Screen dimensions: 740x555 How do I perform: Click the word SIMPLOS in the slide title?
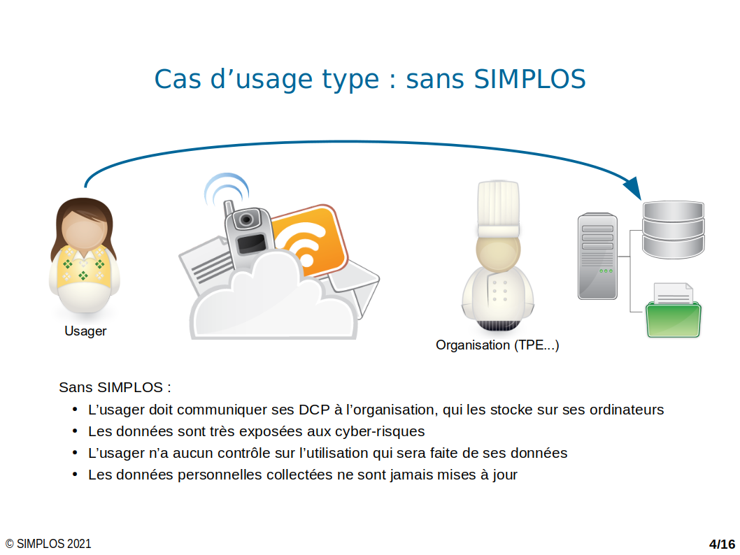529,79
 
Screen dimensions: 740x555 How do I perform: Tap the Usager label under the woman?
85,331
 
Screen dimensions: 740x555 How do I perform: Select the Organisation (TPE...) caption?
497,345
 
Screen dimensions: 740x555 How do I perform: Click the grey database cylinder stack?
673,230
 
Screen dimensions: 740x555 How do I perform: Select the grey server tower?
597,256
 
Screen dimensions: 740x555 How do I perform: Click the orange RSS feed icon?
309,241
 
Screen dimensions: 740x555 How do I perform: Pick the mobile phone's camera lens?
246,219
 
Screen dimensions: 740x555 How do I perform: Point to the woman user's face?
84,230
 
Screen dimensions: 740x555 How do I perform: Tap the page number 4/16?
722,544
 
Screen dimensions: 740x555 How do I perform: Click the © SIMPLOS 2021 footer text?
48,544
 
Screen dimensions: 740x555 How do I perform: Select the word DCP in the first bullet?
314,410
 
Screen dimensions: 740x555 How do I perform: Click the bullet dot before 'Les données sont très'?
75,431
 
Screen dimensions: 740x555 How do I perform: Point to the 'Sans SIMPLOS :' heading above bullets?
115,388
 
